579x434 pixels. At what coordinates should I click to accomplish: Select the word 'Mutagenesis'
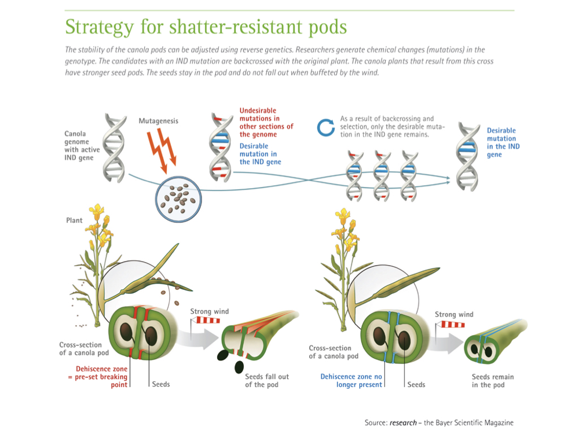coord(158,121)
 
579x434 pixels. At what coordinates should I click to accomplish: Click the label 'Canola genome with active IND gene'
coord(82,145)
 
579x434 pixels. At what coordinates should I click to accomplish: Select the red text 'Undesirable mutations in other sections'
coord(266,122)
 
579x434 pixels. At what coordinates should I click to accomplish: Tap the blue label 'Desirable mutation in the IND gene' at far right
coord(503,142)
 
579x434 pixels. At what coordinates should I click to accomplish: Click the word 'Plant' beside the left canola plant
coord(74,220)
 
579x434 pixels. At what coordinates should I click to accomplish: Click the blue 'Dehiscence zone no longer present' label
coord(351,380)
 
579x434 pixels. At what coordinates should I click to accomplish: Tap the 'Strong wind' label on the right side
coord(454,314)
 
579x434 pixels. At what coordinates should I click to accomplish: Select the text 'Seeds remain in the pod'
coord(493,380)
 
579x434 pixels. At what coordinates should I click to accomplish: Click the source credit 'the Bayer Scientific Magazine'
coord(465,422)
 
